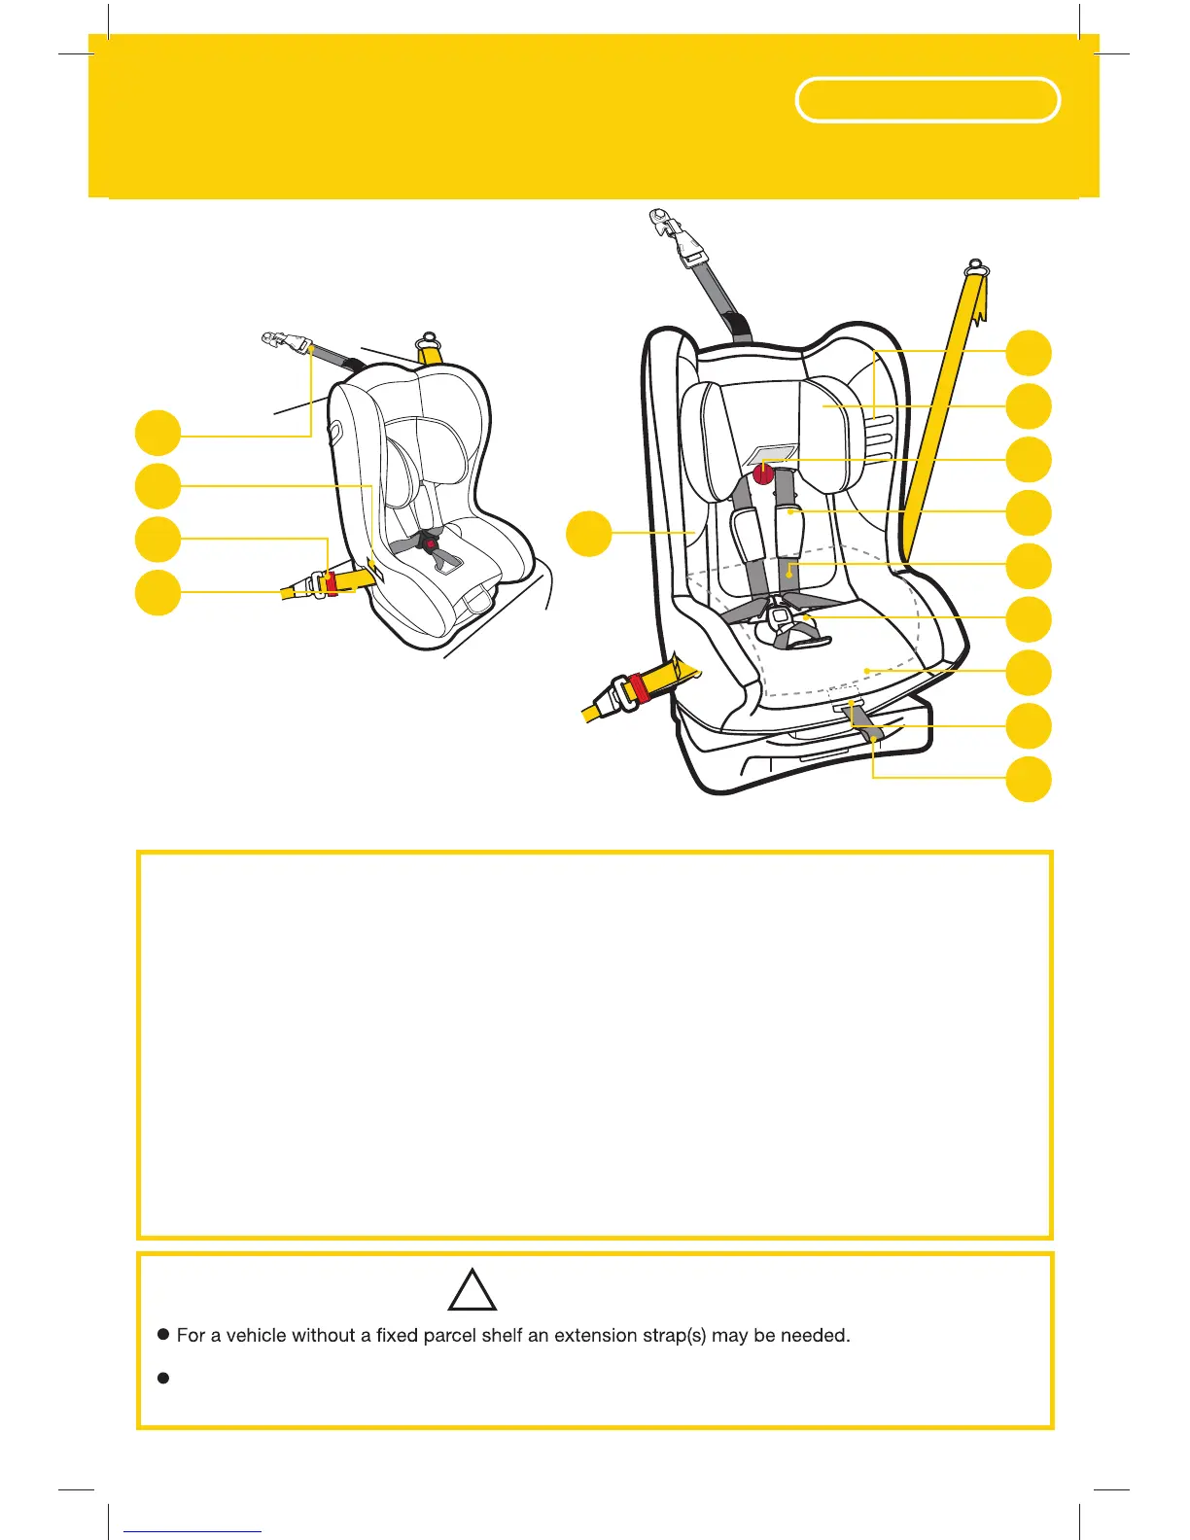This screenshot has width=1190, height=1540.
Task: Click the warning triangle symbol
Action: [473, 1291]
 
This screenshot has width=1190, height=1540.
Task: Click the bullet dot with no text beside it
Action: [163, 1378]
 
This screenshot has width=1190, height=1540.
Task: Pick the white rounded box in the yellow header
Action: [927, 100]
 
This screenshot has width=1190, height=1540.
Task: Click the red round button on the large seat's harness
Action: [764, 474]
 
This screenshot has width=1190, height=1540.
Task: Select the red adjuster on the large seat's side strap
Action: [640, 688]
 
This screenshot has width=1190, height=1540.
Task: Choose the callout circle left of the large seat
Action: [589, 534]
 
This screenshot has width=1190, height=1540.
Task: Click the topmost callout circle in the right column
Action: [1029, 353]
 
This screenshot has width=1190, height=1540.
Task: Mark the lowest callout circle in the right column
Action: [1029, 780]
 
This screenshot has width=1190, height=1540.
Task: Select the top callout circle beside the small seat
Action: [157, 433]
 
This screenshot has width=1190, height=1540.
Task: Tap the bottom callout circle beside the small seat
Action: [157, 593]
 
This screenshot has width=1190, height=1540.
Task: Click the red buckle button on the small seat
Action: [428, 534]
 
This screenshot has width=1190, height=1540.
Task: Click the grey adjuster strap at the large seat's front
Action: [865, 723]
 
